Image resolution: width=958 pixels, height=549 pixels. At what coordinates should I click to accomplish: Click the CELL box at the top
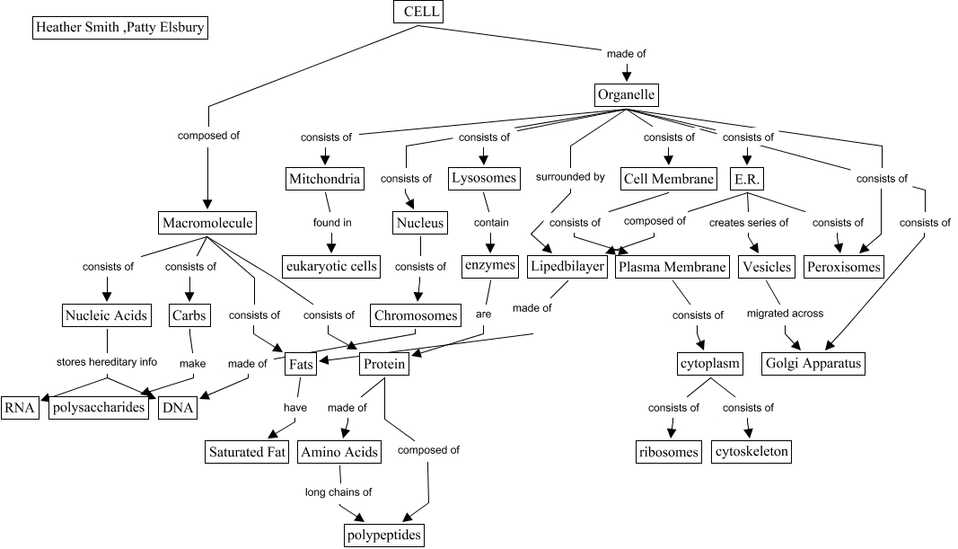pyautogui.click(x=418, y=12)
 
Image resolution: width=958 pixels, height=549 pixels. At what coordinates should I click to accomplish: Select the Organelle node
pyautogui.click(x=627, y=94)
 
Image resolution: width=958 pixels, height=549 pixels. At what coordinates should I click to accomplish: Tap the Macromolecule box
pyautogui.click(x=207, y=222)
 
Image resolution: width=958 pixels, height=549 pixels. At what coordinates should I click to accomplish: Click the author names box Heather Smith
pyautogui.click(x=119, y=28)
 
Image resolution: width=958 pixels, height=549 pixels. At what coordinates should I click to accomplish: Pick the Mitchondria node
pyautogui.click(x=324, y=179)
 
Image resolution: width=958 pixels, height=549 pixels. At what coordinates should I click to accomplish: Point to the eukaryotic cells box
pyautogui.click(x=330, y=266)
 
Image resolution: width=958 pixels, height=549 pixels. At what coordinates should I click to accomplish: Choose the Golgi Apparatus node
pyautogui.click(x=813, y=363)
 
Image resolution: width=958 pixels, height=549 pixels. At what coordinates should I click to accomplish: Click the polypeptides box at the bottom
pyautogui.click(x=383, y=536)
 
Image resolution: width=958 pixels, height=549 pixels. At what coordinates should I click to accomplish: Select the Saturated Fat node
pyautogui.click(x=248, y=451)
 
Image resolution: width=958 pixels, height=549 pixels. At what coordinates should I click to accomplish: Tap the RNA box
pyautogui.click(x=20, y=407)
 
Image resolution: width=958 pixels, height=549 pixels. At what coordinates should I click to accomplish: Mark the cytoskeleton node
pyautogui.click(x=752, y=451)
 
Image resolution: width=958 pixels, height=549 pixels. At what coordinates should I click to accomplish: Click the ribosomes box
pyautogui.click(x=668, y=451)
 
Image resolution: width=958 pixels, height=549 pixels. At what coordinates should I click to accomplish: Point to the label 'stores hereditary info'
pyautogui.click(x=106, y=362)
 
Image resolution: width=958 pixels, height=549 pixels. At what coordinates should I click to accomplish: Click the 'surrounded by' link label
pyautogui.click(x=570, y=177)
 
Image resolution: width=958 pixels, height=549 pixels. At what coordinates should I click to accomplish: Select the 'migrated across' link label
pyautogui.click(x=785, y=314)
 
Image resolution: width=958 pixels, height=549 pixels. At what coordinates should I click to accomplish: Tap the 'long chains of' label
pyautogui.click(x=338, y=491)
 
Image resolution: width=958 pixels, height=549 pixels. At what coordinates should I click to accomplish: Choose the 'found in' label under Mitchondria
pyautogui.click(x=332, y=223)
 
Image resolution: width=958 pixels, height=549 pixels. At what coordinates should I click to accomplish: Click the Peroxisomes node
pyautogui.click(x=844, y=266)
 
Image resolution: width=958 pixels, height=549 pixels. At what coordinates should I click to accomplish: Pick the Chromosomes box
pyautogui.click(x=416, y=315)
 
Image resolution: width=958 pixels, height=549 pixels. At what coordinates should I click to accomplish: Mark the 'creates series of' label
pyautogui.click(x=749, y=222)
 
